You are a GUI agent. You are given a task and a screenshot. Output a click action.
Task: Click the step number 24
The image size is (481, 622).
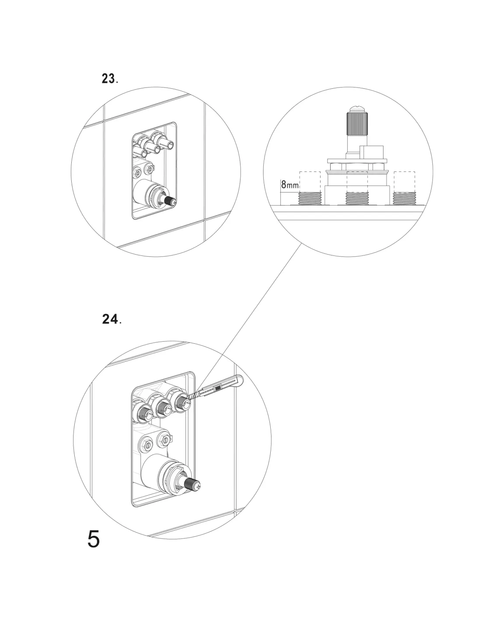click(x=110, y=319)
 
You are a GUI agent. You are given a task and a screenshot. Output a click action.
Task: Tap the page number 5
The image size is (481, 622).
click(x=94, y=539)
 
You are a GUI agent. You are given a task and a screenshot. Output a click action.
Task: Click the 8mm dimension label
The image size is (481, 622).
click(x=289, y=185)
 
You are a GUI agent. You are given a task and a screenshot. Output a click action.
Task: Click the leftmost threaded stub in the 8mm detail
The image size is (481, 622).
click(x=310, y=198)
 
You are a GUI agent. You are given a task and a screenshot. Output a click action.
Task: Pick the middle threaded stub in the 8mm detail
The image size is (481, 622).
click(x=357, y=198)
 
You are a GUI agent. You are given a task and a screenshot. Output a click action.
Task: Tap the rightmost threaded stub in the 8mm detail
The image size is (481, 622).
click(x=404, y=198)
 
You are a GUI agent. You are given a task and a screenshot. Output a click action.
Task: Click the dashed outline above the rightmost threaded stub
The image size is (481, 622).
click(x=404, y=180)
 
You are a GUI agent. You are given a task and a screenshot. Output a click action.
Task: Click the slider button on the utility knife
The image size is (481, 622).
click(x=217, y=388)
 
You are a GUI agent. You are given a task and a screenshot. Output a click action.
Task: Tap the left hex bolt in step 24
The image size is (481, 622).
click(x=146, y=444)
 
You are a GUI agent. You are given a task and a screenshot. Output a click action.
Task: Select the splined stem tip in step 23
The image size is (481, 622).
click(x=170, y=201)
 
